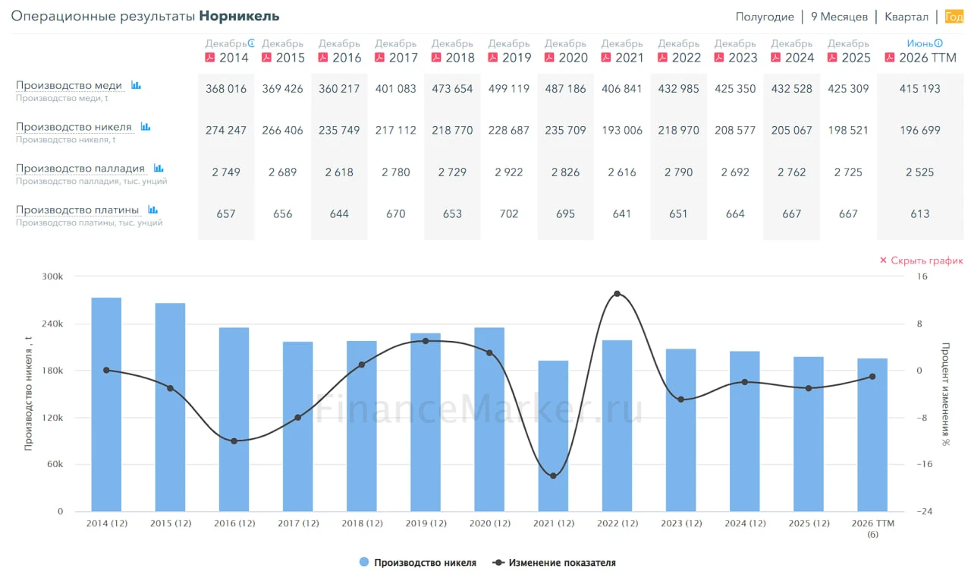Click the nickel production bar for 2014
pos(106,404)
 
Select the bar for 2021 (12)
pos(553,436)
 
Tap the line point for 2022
pos(617,294)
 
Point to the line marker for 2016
pos(234,441)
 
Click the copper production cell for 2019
pos(508,89)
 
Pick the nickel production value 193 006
pos(621,130)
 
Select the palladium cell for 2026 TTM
pos(919,172)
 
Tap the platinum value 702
pos(508,214)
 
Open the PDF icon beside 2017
pos(379,57)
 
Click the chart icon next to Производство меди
pos(136,85)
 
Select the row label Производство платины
pos(77,210)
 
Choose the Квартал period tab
pos(906,17)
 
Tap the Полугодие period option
pos(765,17)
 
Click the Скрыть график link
pos(921,261)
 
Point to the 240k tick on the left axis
pos(52,324)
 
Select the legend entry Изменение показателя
pos(554,562)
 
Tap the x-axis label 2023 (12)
pos(681,523)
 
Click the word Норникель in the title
pos(239,16)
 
